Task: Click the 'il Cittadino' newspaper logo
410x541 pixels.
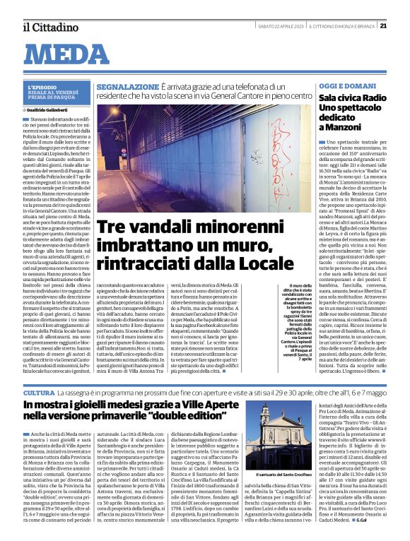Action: pyautogui.click(x=49, y=27)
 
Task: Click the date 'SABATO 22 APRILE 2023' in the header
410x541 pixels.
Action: pyautogui.click(x=280, y=26)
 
